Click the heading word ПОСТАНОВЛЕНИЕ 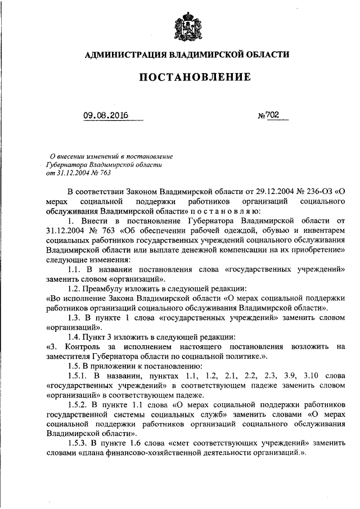click(x=187, y=78)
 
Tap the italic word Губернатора click(x=64, y=165)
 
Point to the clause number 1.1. click(x=73, y=269)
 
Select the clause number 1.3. click(x=73, y=318)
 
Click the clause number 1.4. click(x=73, y=337)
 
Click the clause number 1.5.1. click(x=76, y=376)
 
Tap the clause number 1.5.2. click(x=76, y=405)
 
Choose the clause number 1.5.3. click(x=76, y=444)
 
